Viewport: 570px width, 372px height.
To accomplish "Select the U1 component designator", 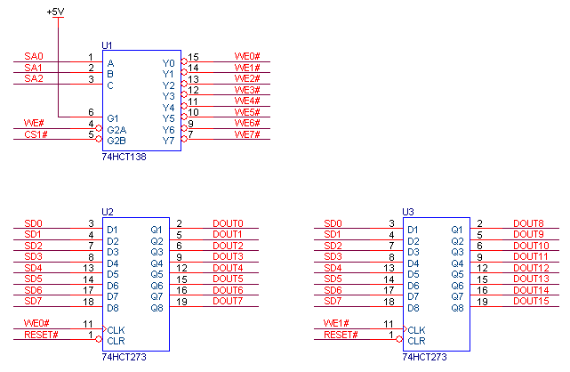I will [108, 44].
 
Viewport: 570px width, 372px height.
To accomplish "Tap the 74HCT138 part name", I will [124, 155].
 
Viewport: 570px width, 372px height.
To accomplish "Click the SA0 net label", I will [33, 57].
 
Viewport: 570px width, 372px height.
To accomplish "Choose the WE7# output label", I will [246, 134].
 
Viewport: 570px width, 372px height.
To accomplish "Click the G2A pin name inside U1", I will [116, 129].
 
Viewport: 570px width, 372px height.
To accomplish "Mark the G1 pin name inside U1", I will [113, 117].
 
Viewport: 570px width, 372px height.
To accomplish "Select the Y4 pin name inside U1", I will [169, 107].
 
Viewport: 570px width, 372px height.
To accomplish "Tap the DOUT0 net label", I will [228, 223].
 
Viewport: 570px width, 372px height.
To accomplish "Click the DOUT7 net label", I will [228, 302].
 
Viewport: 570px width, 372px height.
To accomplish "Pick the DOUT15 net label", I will [532, 302].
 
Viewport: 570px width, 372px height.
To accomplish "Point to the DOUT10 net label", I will [532, 246].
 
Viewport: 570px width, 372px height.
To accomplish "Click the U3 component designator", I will [408, 211].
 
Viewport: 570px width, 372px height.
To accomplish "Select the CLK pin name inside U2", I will [116, 329].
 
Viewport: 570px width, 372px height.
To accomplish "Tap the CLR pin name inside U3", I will [416, 340].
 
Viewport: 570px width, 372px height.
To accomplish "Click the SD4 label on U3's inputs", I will [333, 268].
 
